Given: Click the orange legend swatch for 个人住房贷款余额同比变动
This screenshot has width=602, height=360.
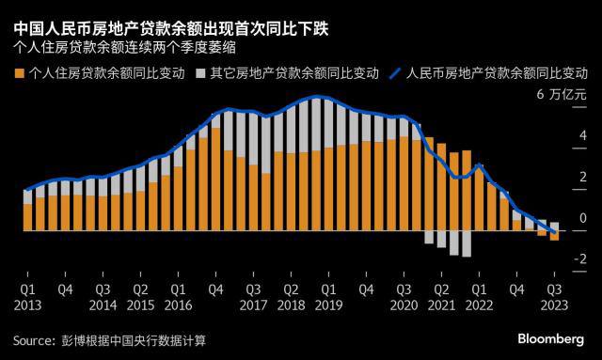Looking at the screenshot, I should [x=21, y=72].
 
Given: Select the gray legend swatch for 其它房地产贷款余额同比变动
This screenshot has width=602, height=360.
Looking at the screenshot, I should [x=202, y=72].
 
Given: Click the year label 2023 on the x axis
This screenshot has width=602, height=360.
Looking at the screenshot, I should [x=555, y=305].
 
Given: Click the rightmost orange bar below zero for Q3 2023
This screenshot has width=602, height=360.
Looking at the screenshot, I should [x=554, y=236].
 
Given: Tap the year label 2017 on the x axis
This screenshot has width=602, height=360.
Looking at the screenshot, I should [x=252, y=305].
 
